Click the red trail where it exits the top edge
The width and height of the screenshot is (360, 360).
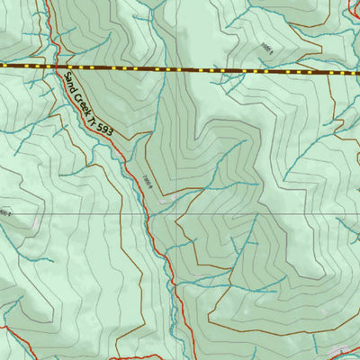(x=46, y=2)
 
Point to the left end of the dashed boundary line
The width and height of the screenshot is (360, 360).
(x=3, y=67)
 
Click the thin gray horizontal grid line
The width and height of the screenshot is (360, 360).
(x=270, y=215)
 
